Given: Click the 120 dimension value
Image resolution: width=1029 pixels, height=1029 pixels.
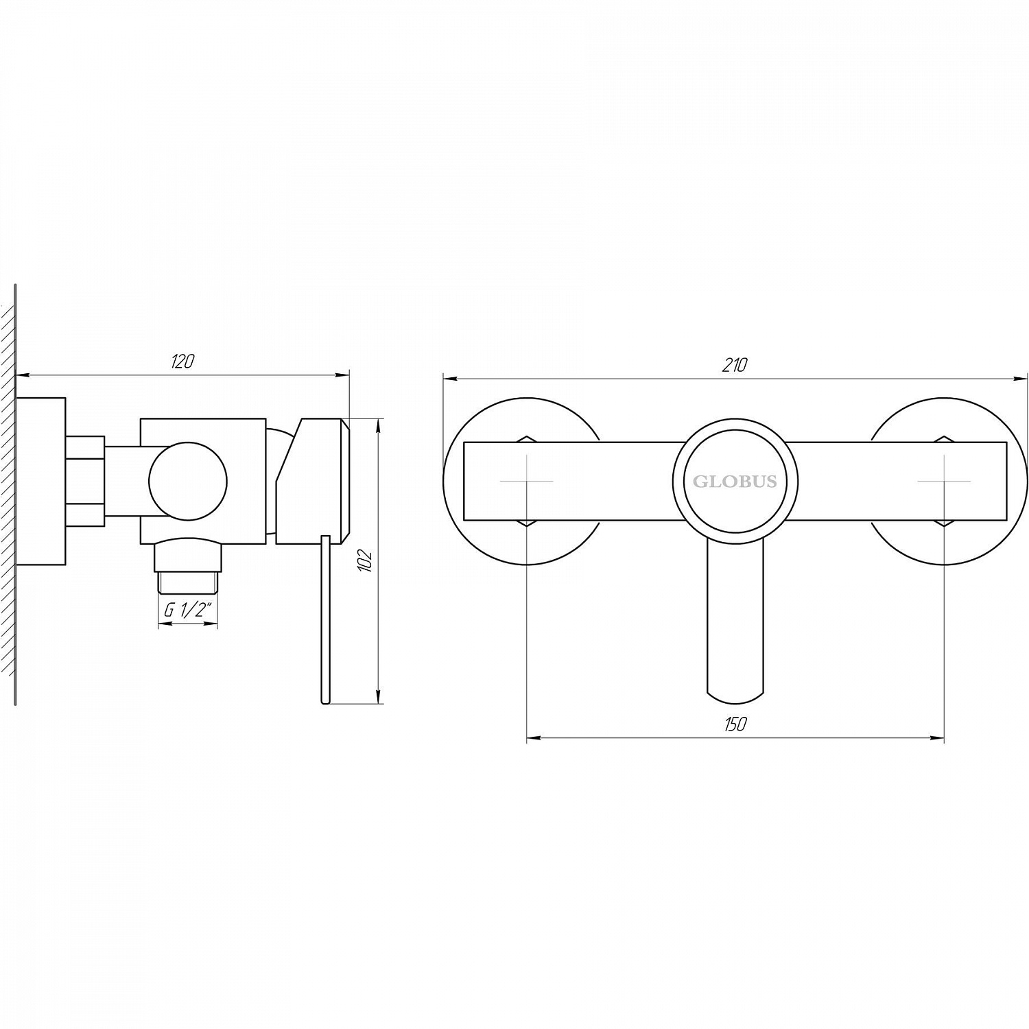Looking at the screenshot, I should pyautogui.click(x=182, y=362).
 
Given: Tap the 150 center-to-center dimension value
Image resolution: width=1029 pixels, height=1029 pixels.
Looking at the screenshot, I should pyautogui.click(x=734, y=724).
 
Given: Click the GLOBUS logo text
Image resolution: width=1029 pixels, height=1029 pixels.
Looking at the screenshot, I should pyautogui.click(x=735, y=482).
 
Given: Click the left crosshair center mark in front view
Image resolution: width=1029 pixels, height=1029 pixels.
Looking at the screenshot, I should pyautogui.click(x=526, y=482).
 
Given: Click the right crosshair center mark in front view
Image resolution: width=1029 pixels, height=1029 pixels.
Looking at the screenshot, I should pyautogui.click(x=944, y=482).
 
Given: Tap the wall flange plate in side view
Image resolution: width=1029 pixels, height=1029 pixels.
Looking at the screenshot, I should pyautogui.click(x=40, y=482).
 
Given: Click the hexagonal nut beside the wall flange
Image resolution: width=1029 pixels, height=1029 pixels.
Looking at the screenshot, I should pyautogui.click(x=86, y=482).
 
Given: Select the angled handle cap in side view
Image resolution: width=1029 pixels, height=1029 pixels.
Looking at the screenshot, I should pyautogui.click(x=312, y=480).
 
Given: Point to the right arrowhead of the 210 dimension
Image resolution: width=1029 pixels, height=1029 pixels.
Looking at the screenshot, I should pyautogui.click(x=1022, y=377).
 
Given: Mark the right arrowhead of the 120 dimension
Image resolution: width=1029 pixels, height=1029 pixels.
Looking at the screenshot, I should pyautogui.click(x=344, y=375).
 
